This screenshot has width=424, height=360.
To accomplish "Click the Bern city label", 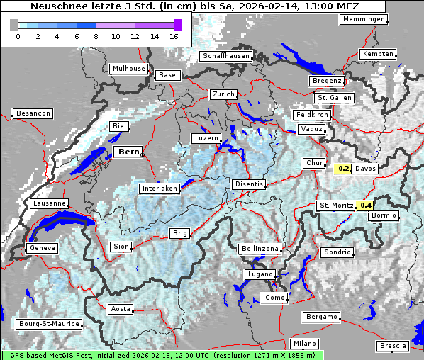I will coord(128,152).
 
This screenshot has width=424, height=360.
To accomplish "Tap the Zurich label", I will coord(223,94).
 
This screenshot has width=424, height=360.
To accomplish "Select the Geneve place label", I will coord(41,248).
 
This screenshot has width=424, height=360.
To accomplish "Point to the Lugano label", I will coord(260,274).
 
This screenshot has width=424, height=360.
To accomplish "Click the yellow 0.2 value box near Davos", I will coord(343,169).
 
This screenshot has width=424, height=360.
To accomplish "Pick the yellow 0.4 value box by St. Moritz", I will coord(365,206).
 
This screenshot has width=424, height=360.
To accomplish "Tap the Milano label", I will coord(305,344).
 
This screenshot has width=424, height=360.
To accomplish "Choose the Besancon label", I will coord(33,113).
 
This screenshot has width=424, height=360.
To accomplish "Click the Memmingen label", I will coord(363,19).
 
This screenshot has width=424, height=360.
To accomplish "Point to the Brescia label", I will coord(393,345).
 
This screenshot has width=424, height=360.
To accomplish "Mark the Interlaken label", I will coord(160,189).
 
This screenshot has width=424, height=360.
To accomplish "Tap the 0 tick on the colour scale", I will coord(18,35).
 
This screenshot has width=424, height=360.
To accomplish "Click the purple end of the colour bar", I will coord(177,25).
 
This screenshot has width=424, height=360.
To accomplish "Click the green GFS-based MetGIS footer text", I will coord(162,355).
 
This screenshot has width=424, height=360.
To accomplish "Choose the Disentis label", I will coord(249,184).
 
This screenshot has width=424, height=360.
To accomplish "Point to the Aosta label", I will coord(121,309).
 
